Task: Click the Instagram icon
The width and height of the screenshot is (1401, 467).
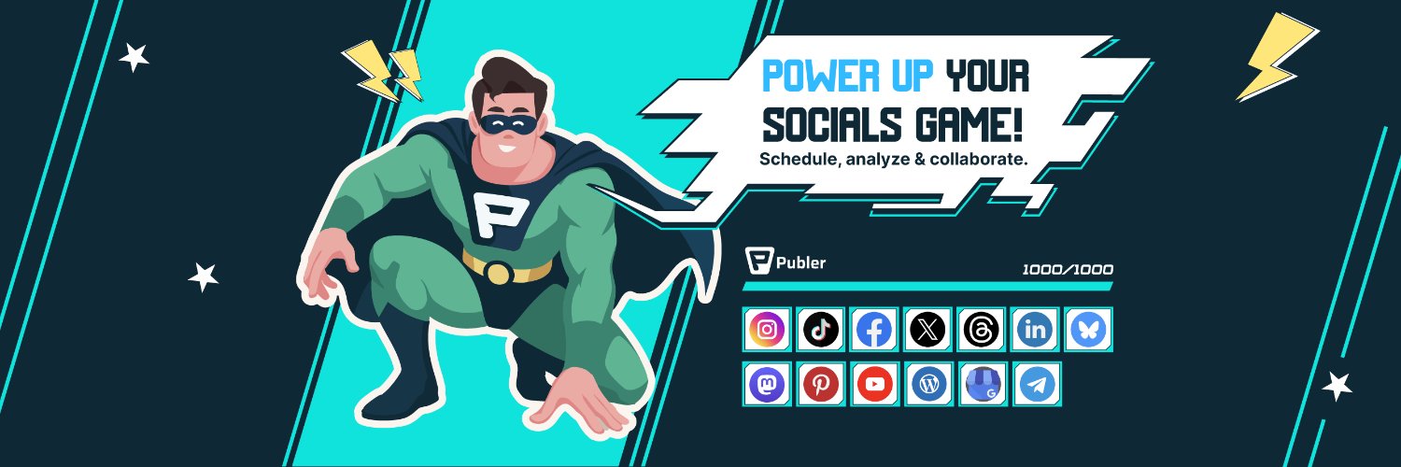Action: [767, 329]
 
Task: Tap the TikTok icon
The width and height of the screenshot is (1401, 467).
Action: [821, 329]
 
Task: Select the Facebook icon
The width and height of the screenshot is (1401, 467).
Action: [874, 329]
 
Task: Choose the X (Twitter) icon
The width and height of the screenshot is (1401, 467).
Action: [927, 329]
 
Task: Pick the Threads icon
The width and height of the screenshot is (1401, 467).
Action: [982, 329]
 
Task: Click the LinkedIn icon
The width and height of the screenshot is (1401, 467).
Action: [1035, 329]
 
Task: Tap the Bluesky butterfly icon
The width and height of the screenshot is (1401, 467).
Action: [1088, 329]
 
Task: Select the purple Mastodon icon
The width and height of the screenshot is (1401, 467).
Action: [767, 384]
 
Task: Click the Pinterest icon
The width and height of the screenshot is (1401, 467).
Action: [821, 384]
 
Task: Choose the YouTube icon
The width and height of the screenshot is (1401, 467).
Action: [874, 384]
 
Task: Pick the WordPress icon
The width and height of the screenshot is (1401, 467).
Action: [928, 384]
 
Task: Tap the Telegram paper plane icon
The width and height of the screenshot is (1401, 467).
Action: [1037, 384]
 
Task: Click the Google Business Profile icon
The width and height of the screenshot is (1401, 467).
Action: [984, 384]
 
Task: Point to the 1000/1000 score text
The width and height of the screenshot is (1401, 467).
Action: [1068, 269]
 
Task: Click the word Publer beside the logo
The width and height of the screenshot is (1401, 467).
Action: [800, 262]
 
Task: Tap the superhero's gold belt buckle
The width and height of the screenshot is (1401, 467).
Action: [499, 273]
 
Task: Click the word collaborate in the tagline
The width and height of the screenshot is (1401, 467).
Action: [977, 159]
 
